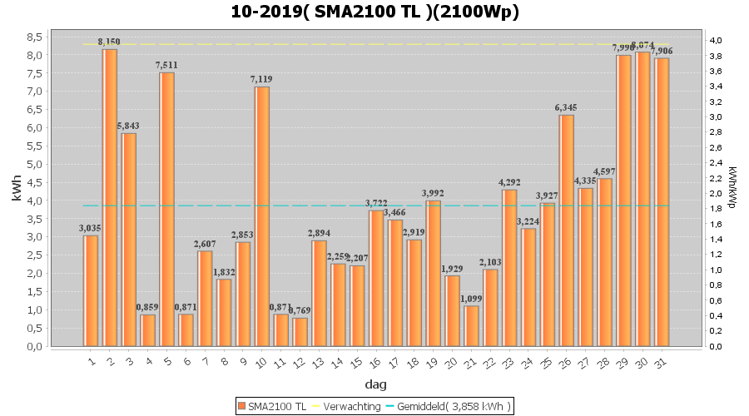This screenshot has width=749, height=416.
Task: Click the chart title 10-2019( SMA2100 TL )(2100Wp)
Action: coord(374,12)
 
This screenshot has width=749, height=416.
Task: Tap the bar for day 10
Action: coord(262,216)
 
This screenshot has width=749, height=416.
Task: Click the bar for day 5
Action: coord(167,209)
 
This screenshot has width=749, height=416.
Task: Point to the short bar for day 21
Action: coord(471,325)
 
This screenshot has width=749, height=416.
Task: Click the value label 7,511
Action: coord(167,65)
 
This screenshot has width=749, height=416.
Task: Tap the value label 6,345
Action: coord(566,107)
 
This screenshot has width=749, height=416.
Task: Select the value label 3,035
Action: coord(91,228)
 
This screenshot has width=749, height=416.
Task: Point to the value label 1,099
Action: coord(471,299)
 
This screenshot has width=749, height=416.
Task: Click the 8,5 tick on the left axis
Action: coord(35,37)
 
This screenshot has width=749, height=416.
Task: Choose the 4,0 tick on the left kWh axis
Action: coord(35,201)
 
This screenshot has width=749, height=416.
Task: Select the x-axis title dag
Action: coord(374,384)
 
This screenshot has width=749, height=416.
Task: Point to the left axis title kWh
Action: coord(17,191)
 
